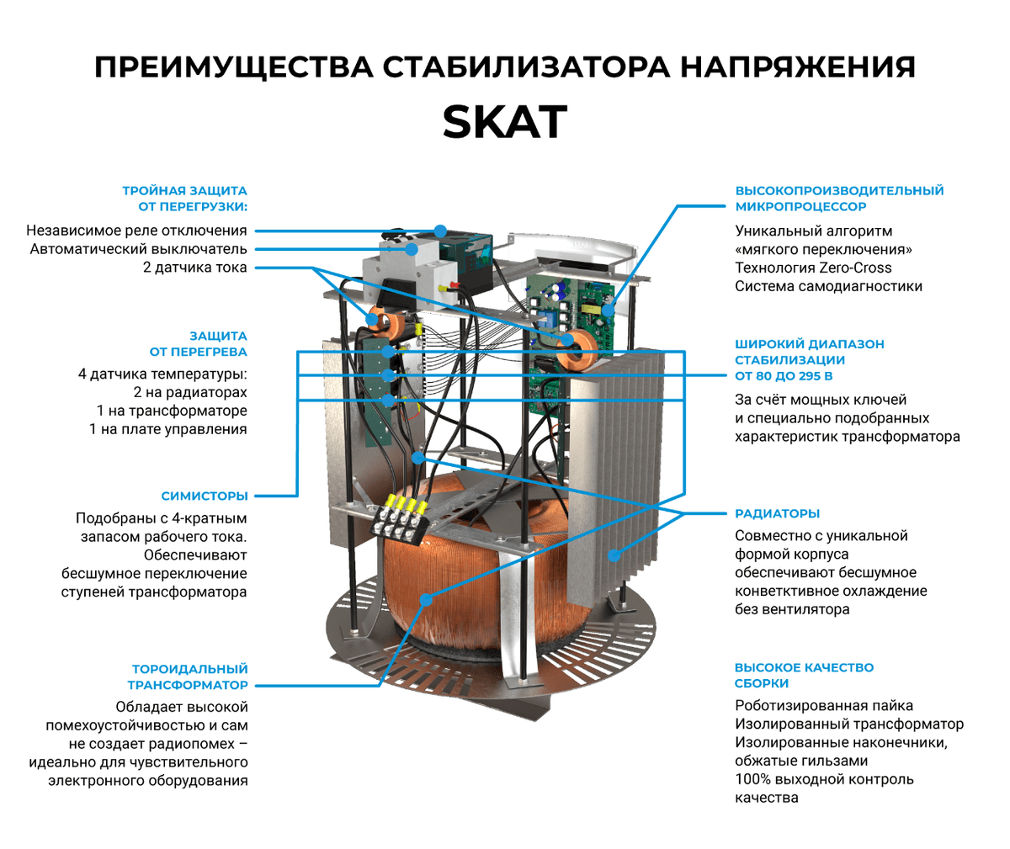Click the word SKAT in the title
tap(504, 122)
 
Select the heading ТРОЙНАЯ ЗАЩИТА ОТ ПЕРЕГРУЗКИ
tap(185, 199)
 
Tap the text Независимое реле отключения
tap(136, 231)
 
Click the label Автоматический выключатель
tap(139, 249)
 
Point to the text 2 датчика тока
tap(195, 268)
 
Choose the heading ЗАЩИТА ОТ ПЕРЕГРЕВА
tap(199, 344)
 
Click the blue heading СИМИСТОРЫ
tap(205, 496)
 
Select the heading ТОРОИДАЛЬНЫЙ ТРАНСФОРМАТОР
tap(189, 677)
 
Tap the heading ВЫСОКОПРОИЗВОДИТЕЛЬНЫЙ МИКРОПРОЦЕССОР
tap(839, 199)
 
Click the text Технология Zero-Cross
tap(813, 268)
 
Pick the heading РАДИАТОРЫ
tap(777, 513)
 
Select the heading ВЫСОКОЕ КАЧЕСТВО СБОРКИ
tap(804, 675)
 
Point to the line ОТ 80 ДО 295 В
tap(784, 376)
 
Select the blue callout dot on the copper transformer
tap(427, 599)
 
